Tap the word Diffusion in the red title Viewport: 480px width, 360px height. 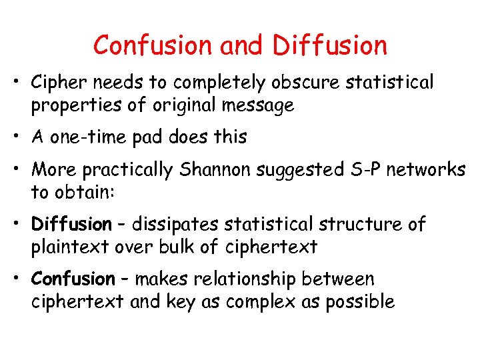coord(329,45)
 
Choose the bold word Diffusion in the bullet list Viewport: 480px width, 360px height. coord(72,224)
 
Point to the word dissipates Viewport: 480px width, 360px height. coord(175,225)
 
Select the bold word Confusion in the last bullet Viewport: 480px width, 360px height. coord(73,279)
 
